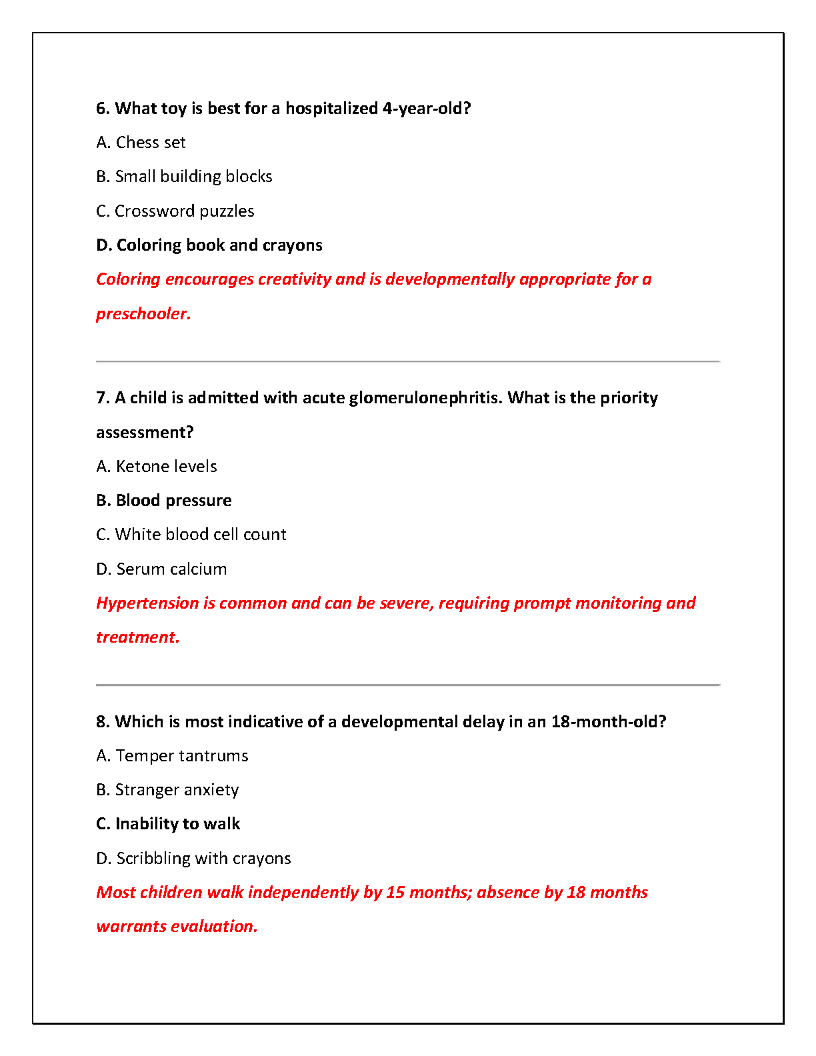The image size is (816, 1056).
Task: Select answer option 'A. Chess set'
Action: click(x=141, y=143)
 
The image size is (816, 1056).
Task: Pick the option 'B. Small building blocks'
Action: click(x=184, y=177)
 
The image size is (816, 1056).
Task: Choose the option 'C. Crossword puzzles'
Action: click(x=175, y=211)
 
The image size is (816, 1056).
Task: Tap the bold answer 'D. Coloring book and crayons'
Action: click(x=209, y=245)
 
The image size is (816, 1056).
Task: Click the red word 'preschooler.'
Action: click(x=143, y=314)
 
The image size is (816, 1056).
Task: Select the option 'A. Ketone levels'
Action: click(x=157, y=467)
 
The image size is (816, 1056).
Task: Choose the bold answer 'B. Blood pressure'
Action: click(x=164, y=501)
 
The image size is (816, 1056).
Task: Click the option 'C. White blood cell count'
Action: click(x=191, y=535)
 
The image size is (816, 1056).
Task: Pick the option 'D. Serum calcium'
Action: click(x=162, y=569)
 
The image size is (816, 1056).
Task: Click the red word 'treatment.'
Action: click(x=138, y=637)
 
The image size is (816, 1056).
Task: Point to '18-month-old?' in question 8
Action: click(x=608, y=722)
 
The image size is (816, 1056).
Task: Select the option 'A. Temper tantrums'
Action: click(x=172, y=756)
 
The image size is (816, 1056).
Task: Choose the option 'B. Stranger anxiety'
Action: click(x=167, y=790)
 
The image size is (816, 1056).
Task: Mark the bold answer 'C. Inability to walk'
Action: click(x=168, y=824)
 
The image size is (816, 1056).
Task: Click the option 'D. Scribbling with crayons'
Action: click(x=194, y=859)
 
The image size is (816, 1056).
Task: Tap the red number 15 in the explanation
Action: click(x=395, y=893)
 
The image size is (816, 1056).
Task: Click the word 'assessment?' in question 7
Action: click(x=145, y=433)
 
